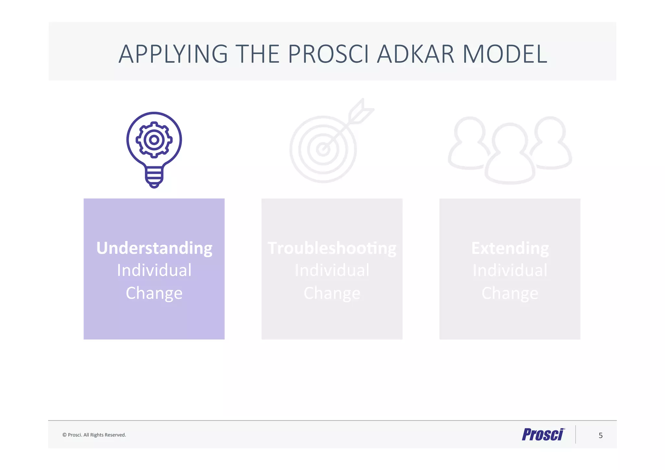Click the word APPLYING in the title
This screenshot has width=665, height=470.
click(x=173, y=54)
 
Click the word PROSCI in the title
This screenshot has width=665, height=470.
click(x=328, y=54)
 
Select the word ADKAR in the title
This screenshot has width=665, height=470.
click(x=415, y=54)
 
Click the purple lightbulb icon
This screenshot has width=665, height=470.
click(x=154, y=149)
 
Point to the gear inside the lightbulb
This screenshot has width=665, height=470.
click(x=154, y=140)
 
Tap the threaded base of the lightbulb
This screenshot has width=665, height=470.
click(x=154, y=177)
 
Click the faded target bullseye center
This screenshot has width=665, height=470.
click(x=323, y=149)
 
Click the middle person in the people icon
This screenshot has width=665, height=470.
click(x=510, y=156)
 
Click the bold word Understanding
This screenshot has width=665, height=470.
click(x=154, y=248)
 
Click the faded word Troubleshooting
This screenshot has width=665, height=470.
click(x=332, y=248)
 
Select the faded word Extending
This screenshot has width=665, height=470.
click(x=510, y=248)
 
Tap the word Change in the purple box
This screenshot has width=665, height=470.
click(x=154, y=293)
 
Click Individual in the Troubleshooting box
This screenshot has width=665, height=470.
click(x=332, y=270)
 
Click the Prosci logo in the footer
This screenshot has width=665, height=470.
click(x=543, y=435)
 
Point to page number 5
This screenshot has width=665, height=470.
click(x=600, y=436)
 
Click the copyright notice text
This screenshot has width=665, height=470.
click(x=94, y=435)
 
